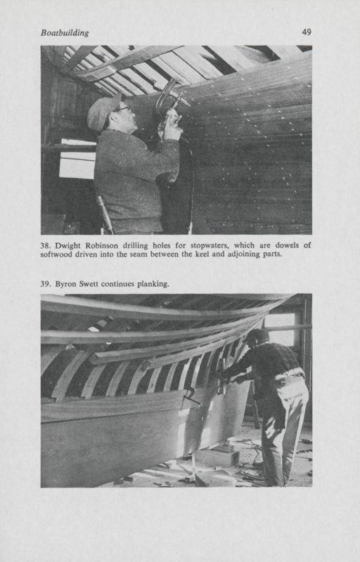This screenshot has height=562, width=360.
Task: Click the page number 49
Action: pos(307,32)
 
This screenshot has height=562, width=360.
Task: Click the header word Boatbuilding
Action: pos(65,33)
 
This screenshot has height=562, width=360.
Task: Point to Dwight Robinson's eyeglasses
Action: pos(122,109)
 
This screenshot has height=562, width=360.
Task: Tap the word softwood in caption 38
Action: pos(56,255)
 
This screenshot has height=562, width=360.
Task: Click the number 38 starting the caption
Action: pos(46,247)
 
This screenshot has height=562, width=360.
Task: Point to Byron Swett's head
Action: pos(257,336)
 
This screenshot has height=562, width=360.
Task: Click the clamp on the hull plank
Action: pos(191,397)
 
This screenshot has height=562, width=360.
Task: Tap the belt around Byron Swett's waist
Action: pos(289,374)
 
